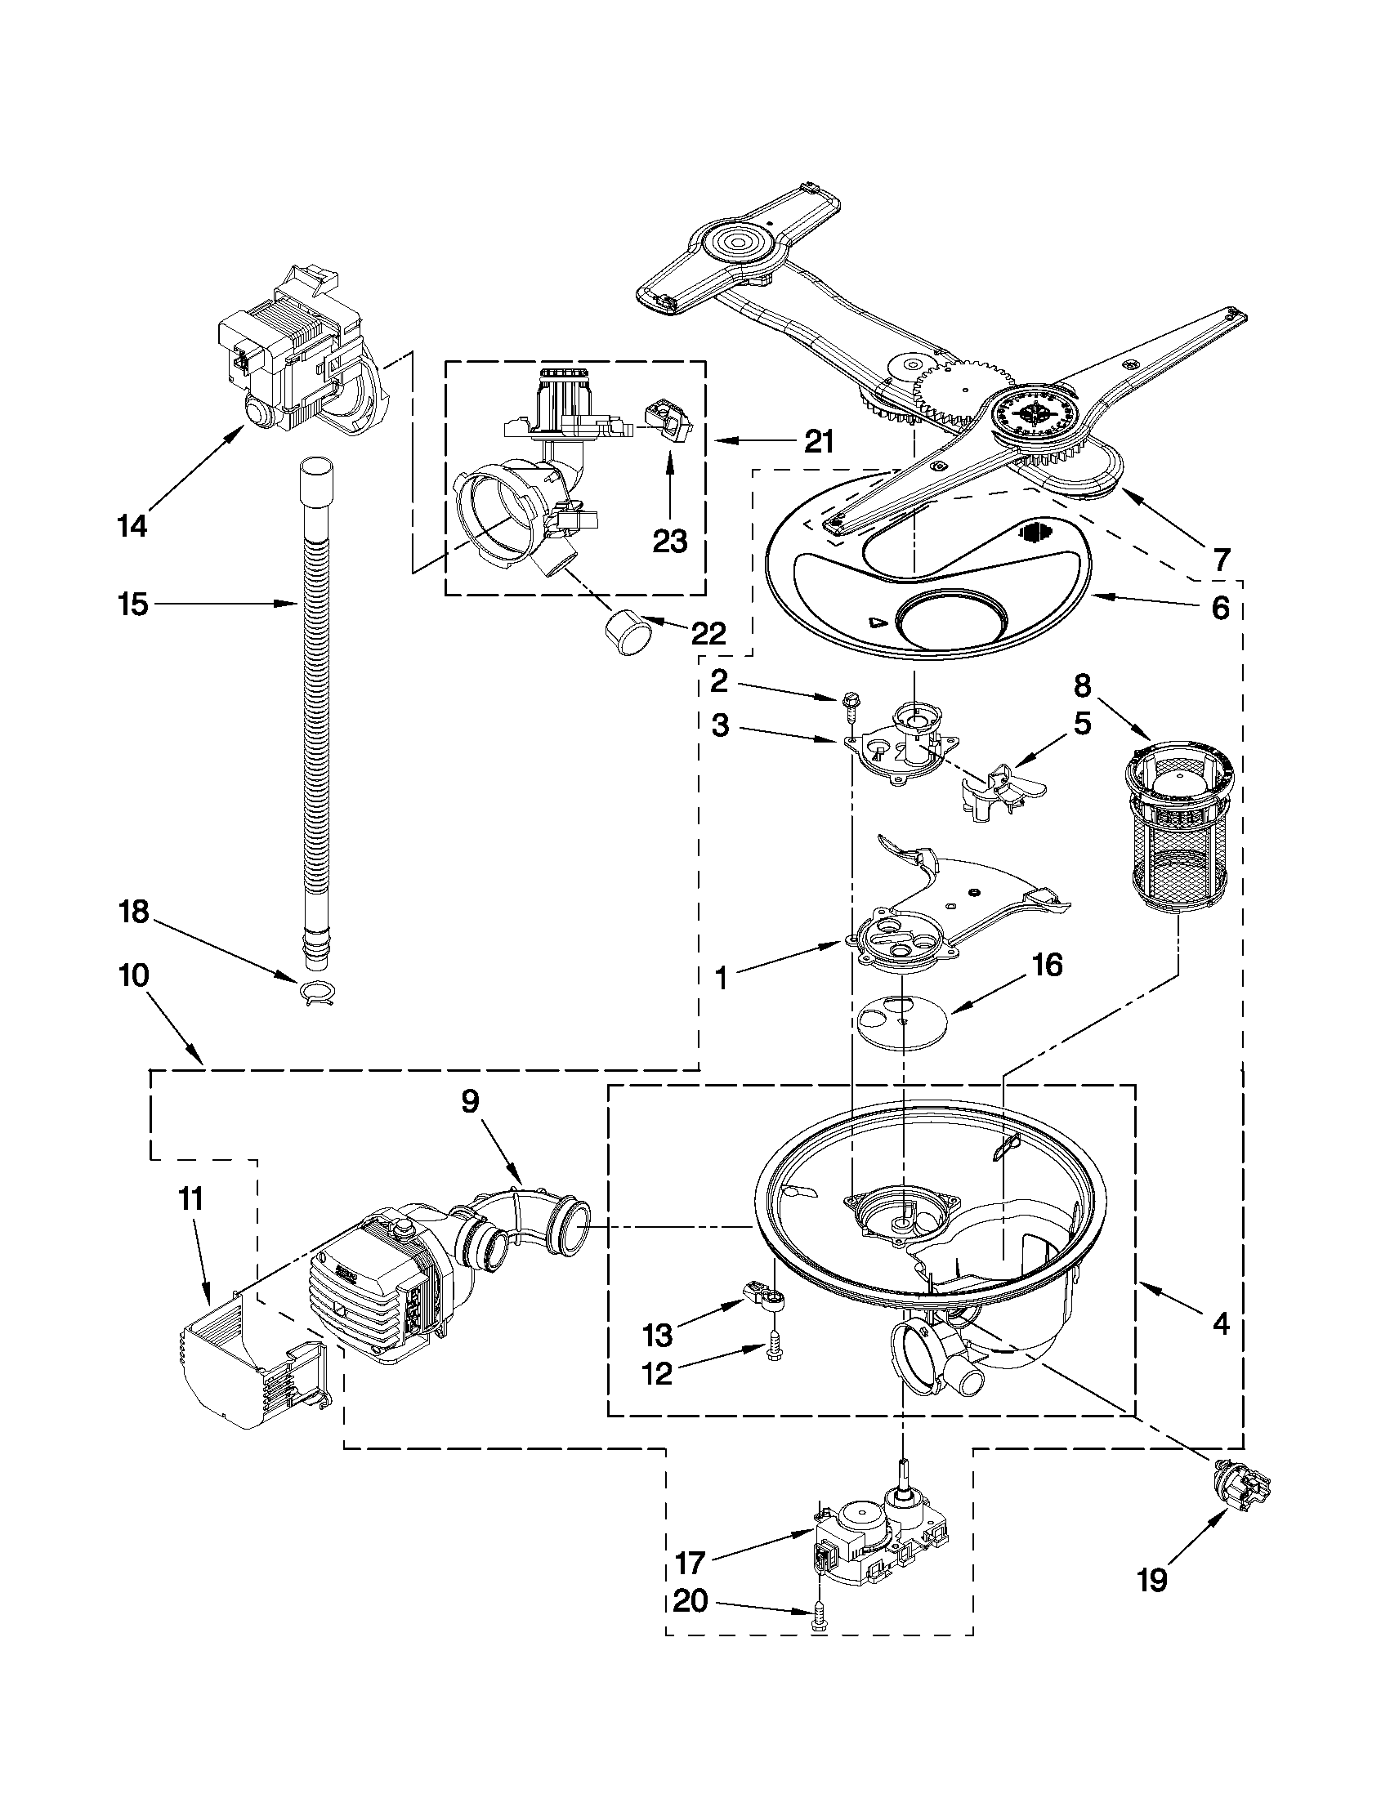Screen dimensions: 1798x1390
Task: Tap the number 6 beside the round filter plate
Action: [1219, 608]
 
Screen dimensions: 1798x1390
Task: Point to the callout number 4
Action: [1219, 1323]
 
